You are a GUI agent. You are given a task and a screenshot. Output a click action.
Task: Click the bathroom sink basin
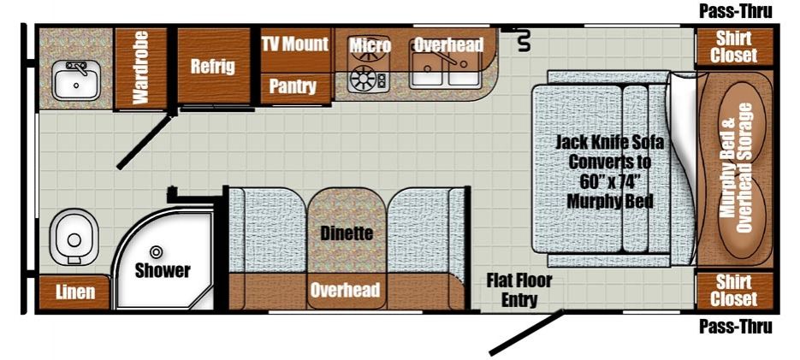(x=76, y=80)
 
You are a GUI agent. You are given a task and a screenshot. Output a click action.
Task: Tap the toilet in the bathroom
(x=73, y=238)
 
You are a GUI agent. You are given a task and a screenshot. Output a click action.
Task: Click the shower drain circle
(x=156, y=251)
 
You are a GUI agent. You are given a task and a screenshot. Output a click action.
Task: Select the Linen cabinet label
(x=75, y=292)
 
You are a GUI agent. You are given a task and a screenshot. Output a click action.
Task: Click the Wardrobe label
(x=139, y=68)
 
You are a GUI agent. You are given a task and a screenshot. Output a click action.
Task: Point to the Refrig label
(x=213, y=67)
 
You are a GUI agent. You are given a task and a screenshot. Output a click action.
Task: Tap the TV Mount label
(x=295, y=44)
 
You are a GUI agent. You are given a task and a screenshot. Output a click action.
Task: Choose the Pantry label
(x=293, y=86)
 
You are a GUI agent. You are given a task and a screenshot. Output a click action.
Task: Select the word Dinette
(x=347, y=233)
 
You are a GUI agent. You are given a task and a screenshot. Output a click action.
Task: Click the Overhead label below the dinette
(x=346, y=290)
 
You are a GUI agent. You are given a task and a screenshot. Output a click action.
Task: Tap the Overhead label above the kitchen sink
(x=448, y=44)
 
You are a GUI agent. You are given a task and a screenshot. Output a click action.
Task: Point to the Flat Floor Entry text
(x=519, y=290)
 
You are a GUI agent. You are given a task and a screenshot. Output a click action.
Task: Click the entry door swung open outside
(x=527, y=332)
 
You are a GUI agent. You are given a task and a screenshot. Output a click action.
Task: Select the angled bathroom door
(x=144, y=142)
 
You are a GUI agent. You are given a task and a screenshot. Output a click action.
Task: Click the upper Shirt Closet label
(x=733, y=46)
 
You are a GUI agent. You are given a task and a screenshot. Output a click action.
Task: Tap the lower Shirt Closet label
(x=733, y=290)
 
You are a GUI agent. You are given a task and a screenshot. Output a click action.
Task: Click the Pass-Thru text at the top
(x=735, y=11)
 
